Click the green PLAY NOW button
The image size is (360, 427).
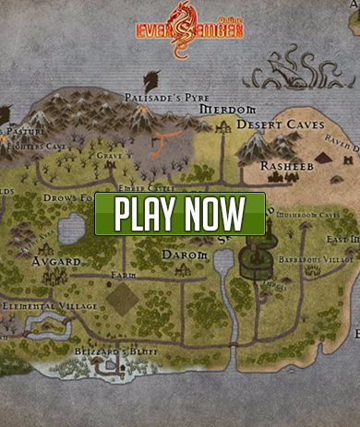click(x=180, y=214)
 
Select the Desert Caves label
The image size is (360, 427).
click(x=281, y=124)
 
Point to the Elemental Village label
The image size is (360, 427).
click(x=44, y=304)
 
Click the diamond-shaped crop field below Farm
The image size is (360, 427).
click(x=122, y=299)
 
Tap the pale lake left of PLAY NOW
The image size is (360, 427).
click(x=72, y=228)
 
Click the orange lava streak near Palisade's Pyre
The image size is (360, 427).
click(x=166, y=140)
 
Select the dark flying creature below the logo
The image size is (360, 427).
click(x=151, y=79)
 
